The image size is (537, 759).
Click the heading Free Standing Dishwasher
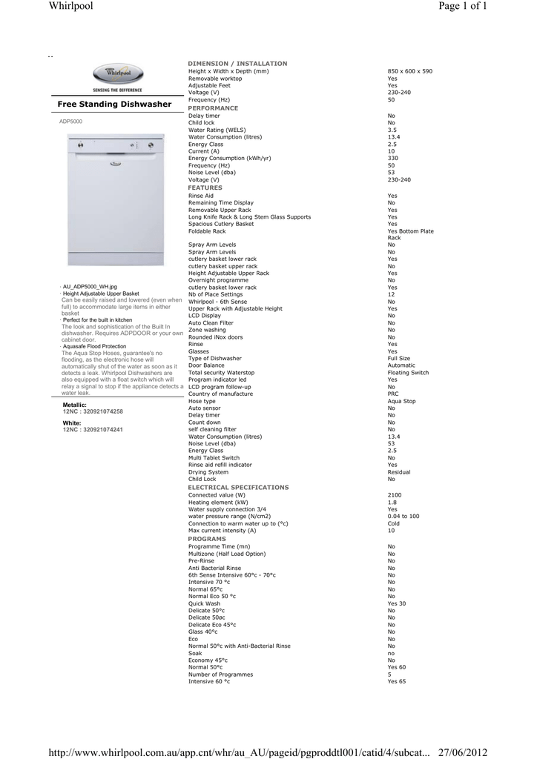pos(114,105)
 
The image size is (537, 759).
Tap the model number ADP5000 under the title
pos(71,121)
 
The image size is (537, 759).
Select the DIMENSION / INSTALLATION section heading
pos(237,64)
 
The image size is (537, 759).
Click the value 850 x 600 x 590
pos(409,71)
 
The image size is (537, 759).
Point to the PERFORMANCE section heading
pos(214,108)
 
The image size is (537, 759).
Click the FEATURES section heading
pos(205,188)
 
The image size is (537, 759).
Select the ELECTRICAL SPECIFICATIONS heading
pos(239,488)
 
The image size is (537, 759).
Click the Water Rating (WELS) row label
pos(217,130)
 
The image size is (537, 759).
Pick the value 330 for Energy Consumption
pos(392,159)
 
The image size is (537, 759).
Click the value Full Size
pos(398,359)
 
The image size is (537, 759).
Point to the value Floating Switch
pos(408,373)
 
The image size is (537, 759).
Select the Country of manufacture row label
pos(220,394)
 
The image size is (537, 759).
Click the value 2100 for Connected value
pos(394,495)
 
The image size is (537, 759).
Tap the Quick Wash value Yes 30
pos(396,604)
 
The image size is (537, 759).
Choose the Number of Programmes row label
pos(220,675)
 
